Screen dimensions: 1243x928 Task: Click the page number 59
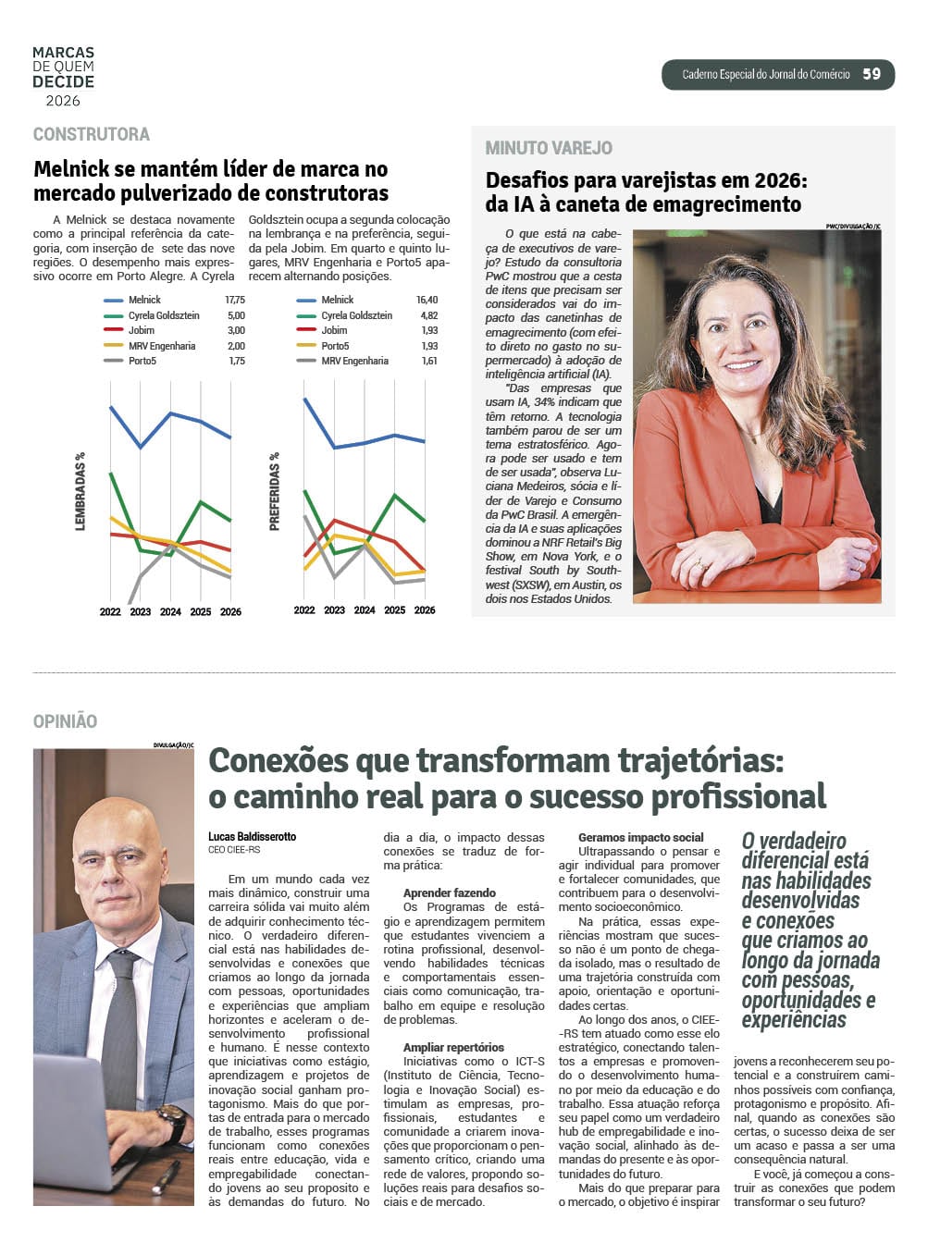point(872,74)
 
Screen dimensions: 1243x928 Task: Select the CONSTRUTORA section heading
point(92,135)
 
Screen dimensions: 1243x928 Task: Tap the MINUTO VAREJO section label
point(549,148)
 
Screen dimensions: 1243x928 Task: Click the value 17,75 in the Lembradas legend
point(235,300)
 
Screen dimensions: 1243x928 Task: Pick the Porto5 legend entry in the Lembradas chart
point(142,361)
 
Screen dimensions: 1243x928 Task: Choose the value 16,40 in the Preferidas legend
point(427,300)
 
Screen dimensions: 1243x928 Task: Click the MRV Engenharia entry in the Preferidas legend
point(354,361)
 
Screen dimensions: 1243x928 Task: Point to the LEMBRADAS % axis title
point(80,491)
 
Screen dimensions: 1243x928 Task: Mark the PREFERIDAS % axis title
point(274,491)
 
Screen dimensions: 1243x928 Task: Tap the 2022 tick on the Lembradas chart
point(110,611)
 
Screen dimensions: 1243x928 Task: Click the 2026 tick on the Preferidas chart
point(425,610)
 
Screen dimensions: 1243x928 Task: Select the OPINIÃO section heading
point(65,721)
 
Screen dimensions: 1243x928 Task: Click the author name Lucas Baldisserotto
point(253,836)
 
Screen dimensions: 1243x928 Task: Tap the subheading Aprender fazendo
point(449,893)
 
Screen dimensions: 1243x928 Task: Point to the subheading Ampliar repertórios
point(453,1048)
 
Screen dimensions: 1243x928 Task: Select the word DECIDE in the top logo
point(63,81)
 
